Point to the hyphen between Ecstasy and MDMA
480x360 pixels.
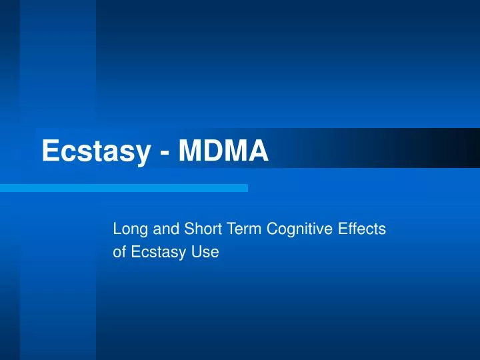point(164,153)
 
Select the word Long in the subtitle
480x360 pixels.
point(128,229)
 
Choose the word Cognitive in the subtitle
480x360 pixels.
point(295,229)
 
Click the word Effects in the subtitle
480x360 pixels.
point(362,229)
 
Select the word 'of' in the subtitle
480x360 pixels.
point(119,253)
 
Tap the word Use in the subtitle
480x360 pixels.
point(207,253)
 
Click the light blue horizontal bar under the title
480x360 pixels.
point(124,188)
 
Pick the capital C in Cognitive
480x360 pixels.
point(272,229)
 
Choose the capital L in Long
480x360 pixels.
point(117,229)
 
